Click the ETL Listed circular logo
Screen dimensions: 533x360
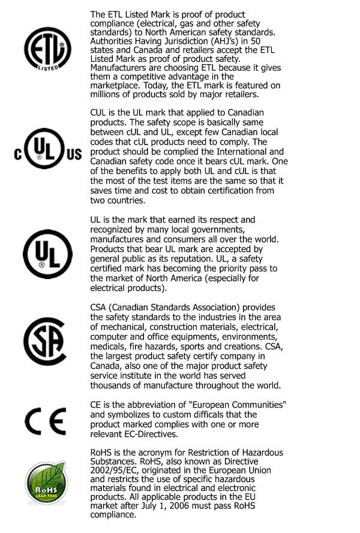point(47,48)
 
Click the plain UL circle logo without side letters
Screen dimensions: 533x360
point(47,255)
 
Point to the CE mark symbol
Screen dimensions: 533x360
point(46,423)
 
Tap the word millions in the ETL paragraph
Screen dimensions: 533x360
point(107,94)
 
